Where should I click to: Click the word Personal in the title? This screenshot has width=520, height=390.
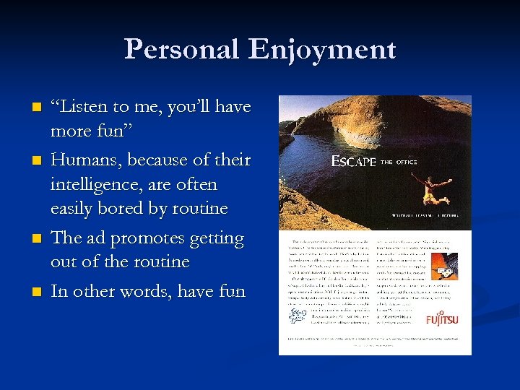[181, 49]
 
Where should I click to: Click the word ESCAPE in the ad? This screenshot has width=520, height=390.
[353, 162]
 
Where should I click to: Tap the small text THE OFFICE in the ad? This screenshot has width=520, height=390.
[399, 162]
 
